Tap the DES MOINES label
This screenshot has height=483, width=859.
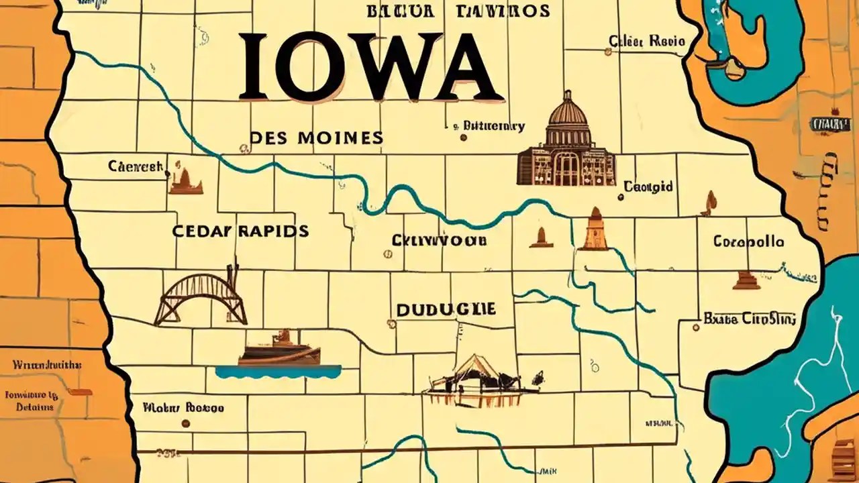(316, 138)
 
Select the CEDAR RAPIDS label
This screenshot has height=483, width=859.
(240, 231)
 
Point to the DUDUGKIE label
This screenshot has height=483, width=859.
(446, 309)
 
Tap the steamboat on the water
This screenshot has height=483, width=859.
(279, 349)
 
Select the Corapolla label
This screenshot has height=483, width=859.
(748, 241)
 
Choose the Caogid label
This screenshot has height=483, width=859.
(648, 186)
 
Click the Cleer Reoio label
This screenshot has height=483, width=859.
(647, 42)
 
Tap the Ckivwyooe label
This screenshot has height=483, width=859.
(440, 239)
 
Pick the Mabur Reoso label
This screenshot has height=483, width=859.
(183, 407)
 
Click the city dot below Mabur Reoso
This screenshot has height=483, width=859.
(186, 423)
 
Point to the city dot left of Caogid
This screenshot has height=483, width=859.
(619, 197)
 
